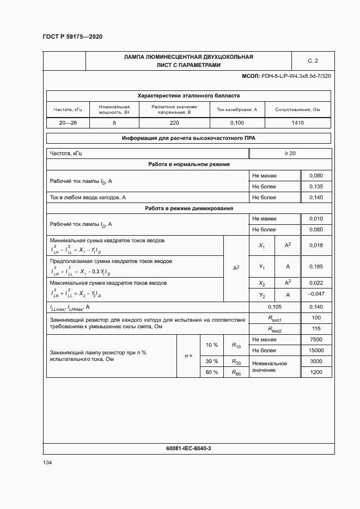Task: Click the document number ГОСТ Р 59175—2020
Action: click(x=72, y=36)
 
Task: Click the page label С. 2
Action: click(x=313, y=61)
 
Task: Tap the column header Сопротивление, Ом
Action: click(x=297, y=109)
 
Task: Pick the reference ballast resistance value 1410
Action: click(x=297, y=123)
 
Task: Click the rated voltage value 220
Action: click(x=174, y=123)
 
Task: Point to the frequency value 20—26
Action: click(x=68, y=123)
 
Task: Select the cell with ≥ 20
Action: click(x=290, y=154)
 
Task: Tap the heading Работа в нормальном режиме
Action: click(x=189, y=164)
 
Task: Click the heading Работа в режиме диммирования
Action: click(x=189, y=208)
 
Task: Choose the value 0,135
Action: click(x=316, y=186)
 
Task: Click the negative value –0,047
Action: click(x=316, y=295)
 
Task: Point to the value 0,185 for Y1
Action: click(x=316, y=267)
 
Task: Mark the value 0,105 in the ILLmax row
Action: click(x=274, y=307)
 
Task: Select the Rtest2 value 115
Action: click(x=316, y=329)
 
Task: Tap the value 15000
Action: click(x=316, y=351)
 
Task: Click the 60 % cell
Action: click(x=212, y=372)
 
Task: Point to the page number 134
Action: click(x=47, y=463)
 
